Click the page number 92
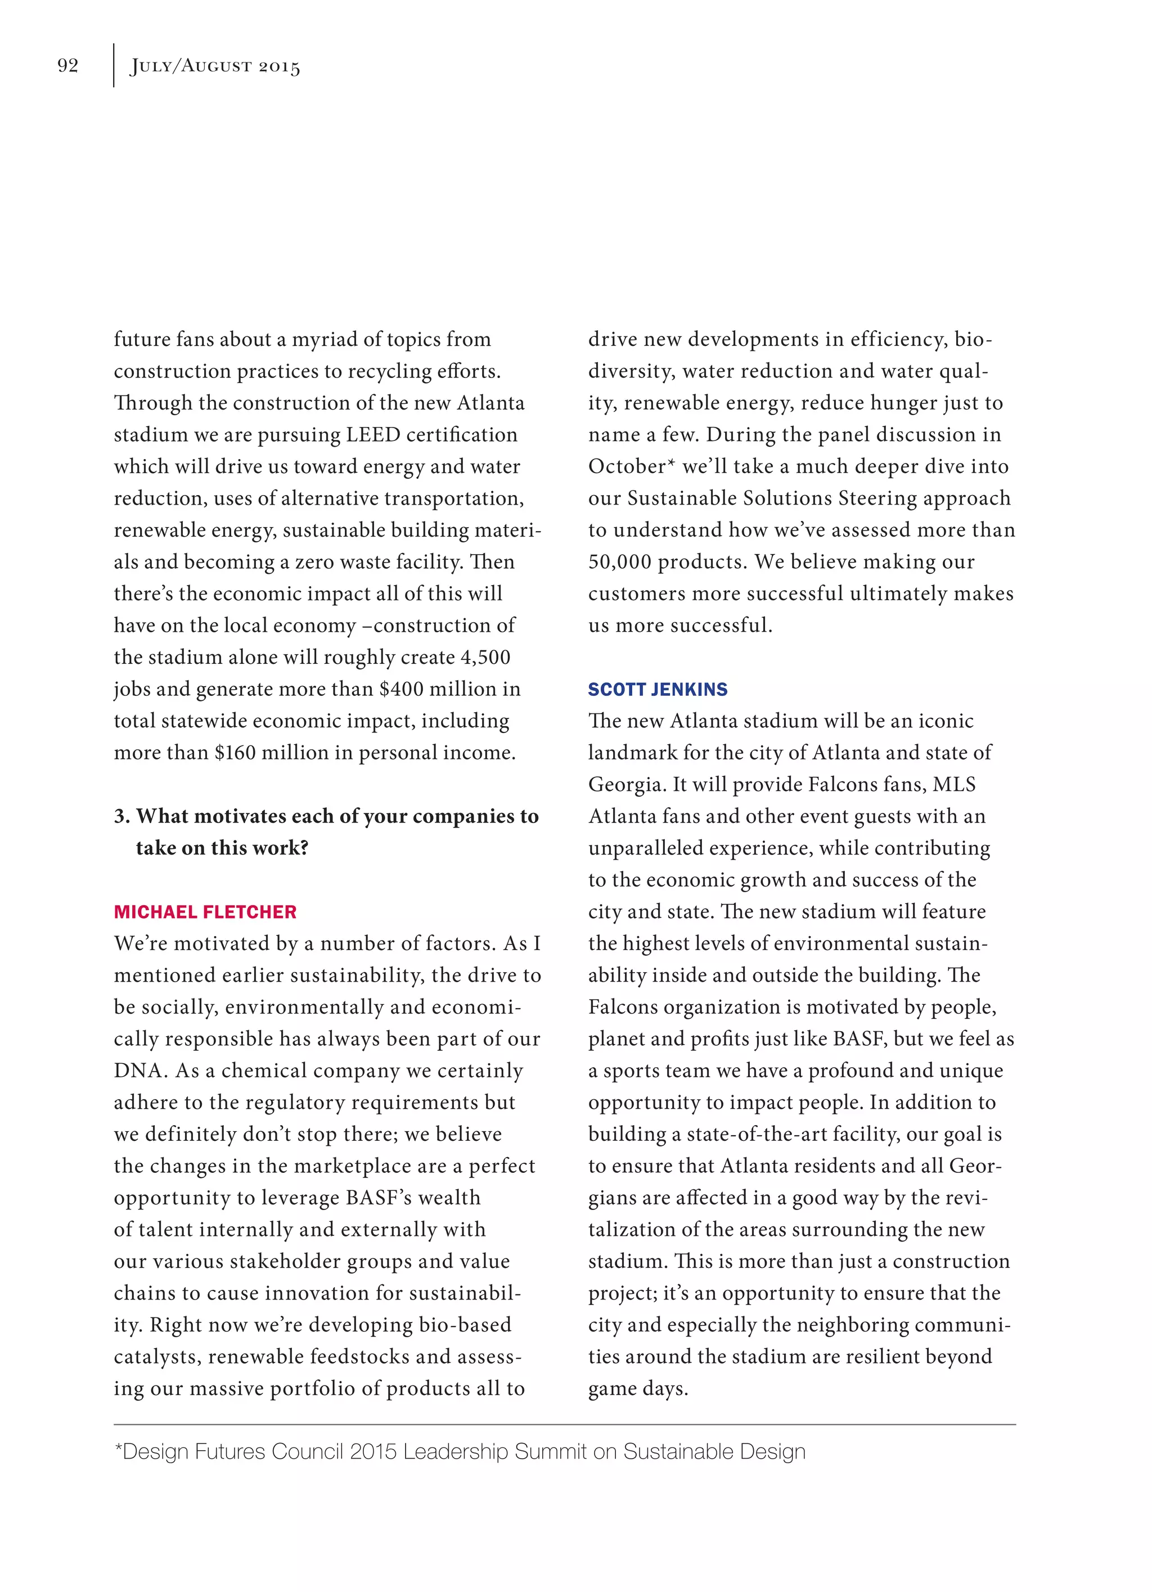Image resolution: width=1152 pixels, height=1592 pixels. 67,65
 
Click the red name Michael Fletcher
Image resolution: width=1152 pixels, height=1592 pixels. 205,911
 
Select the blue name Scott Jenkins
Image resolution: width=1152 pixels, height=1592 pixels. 657,689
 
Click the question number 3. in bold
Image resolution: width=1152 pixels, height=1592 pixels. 122,816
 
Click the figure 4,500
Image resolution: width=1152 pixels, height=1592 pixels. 485,657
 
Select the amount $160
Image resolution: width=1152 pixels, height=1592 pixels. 235,753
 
